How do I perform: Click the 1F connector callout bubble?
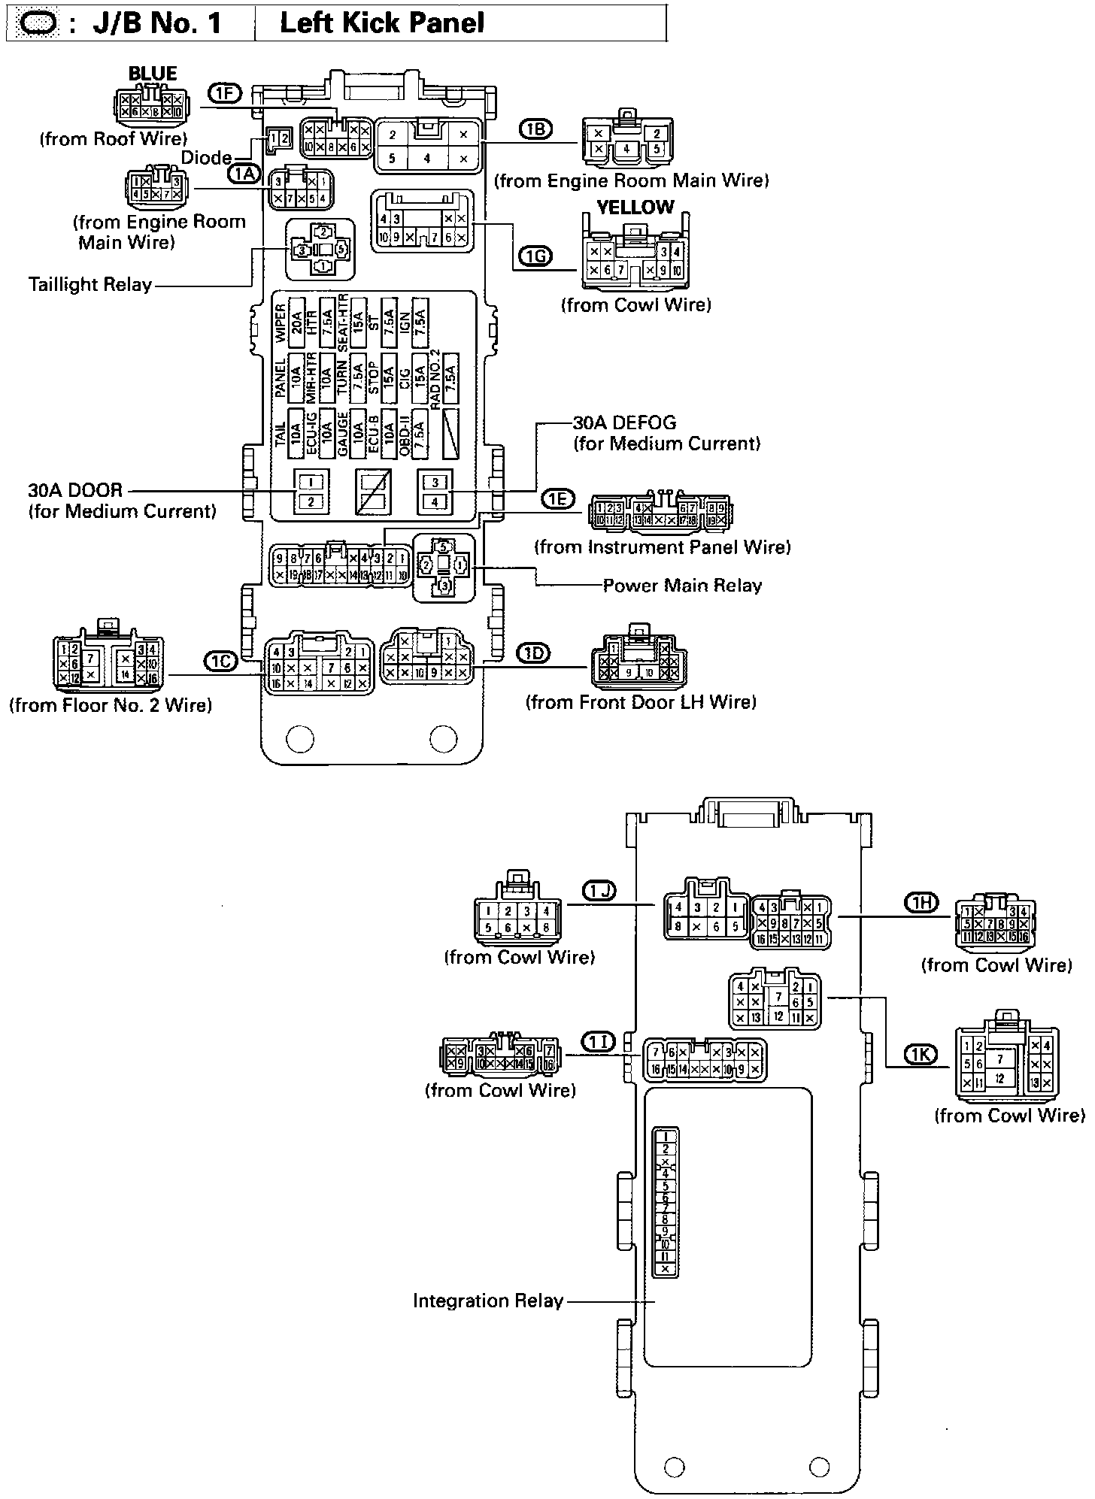click(224, 93)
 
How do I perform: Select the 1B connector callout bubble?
click(535, 129)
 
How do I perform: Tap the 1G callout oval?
click(535, 257)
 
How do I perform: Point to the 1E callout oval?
click(557, 498)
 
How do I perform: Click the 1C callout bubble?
click(220, 661)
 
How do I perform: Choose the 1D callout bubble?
click(535, 653)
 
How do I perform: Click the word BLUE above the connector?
click(153, 74)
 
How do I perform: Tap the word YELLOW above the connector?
click(635, 207)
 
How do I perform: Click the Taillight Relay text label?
click(90, 285)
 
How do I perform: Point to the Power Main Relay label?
click(682, 586)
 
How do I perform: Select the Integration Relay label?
click(488, 1301)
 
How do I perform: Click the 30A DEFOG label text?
click(624, 422)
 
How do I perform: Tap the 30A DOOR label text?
click(75, 490)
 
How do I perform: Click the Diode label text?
click(206, 158)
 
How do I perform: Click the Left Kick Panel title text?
click(382, 23)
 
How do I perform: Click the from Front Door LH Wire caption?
click(641, 702)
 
